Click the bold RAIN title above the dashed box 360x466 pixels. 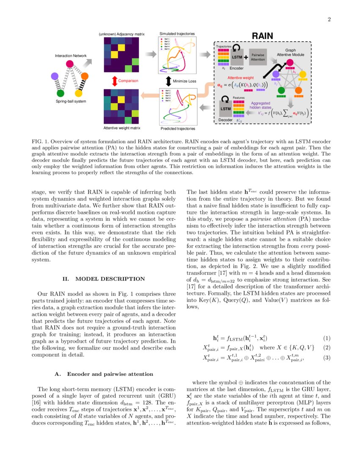(x=263, y=36)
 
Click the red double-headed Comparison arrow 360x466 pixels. (x=114, y=80)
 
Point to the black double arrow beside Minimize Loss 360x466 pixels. (x=168, y=80)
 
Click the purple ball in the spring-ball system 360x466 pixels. (x=54, y=76)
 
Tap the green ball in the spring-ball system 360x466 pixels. (x=61, y=93)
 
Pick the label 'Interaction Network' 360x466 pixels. (x=70, y=55)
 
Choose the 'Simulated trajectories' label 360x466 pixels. (x=177, y=33)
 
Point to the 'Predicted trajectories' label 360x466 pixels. (x=178, y=128)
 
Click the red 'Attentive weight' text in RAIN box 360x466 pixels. (x=241, y=78)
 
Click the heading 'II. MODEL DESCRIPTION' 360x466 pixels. (x=104, y=279)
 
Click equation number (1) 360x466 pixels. (x=326, y=338)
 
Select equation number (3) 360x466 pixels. (x=326, y=358)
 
